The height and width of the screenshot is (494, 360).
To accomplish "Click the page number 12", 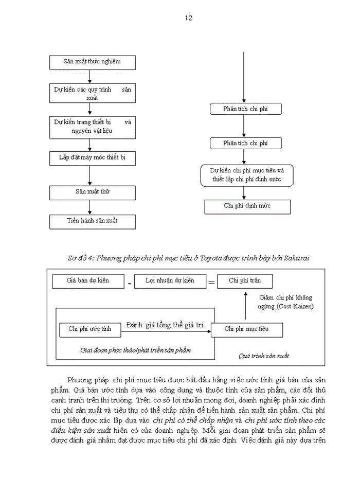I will (188, 18).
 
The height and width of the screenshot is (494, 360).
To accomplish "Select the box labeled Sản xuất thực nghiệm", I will (92, 62).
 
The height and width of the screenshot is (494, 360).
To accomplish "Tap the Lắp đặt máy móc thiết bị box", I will (92, 158).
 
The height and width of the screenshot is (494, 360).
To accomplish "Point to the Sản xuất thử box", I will (92, 192).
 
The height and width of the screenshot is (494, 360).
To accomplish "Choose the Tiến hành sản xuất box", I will (92, 221).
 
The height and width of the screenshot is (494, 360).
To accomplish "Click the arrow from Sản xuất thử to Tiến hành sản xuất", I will (90, 207).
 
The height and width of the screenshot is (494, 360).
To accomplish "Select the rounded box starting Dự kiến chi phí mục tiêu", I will (245, 175).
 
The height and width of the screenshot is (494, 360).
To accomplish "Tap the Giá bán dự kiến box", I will (88, 281).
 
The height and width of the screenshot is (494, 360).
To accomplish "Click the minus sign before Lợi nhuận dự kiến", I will (130, 283).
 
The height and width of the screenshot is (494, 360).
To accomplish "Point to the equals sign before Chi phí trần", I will (211, 282).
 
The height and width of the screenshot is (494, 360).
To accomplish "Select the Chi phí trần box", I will (245, 281).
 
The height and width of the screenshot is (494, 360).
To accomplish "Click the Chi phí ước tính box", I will (90, 329).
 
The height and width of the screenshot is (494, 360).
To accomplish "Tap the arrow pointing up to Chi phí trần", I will (245, 306).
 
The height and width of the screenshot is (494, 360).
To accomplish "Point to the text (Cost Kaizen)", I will (285, 307).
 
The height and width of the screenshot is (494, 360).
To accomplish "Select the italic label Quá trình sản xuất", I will (264, 356).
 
